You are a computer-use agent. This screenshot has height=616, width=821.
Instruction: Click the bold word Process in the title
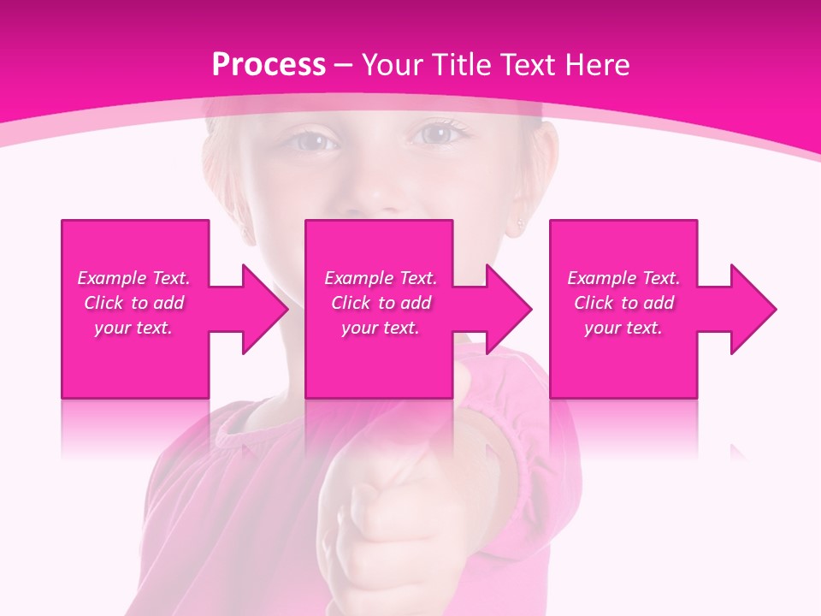tap(269, 65)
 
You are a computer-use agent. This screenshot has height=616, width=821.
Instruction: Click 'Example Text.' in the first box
tap(133, 278)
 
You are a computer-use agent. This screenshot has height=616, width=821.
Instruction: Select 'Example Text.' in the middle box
tap(381, 278)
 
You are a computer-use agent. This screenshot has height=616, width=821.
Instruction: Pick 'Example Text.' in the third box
tap(623, 278)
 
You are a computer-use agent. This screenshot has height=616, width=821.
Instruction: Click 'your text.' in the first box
tap(133, 328)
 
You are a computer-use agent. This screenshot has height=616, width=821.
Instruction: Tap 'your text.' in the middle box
tap(381, 328)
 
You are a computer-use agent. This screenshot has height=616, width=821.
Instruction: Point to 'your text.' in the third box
tap(623, 328)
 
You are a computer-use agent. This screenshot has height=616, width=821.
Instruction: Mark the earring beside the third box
tap(521, 224)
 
